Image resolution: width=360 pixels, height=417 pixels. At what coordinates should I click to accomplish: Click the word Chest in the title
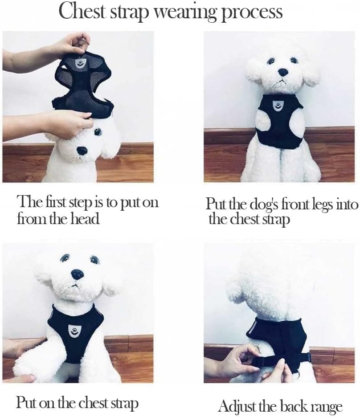[82, 11]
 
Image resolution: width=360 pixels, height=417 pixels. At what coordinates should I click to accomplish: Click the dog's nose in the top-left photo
[82, 151]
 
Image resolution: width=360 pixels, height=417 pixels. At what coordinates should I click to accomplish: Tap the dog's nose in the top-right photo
[283, 72]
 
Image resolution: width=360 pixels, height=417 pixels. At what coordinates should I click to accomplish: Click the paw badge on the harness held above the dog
[79, 63]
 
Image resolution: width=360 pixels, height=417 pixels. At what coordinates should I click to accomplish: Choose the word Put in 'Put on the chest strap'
[25, 402]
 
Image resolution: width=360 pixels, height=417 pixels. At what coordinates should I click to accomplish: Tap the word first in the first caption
[54, 202]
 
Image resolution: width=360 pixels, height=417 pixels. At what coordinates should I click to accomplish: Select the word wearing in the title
[185, 12]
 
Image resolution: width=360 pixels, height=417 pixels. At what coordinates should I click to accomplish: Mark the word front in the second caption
[295, 204]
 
